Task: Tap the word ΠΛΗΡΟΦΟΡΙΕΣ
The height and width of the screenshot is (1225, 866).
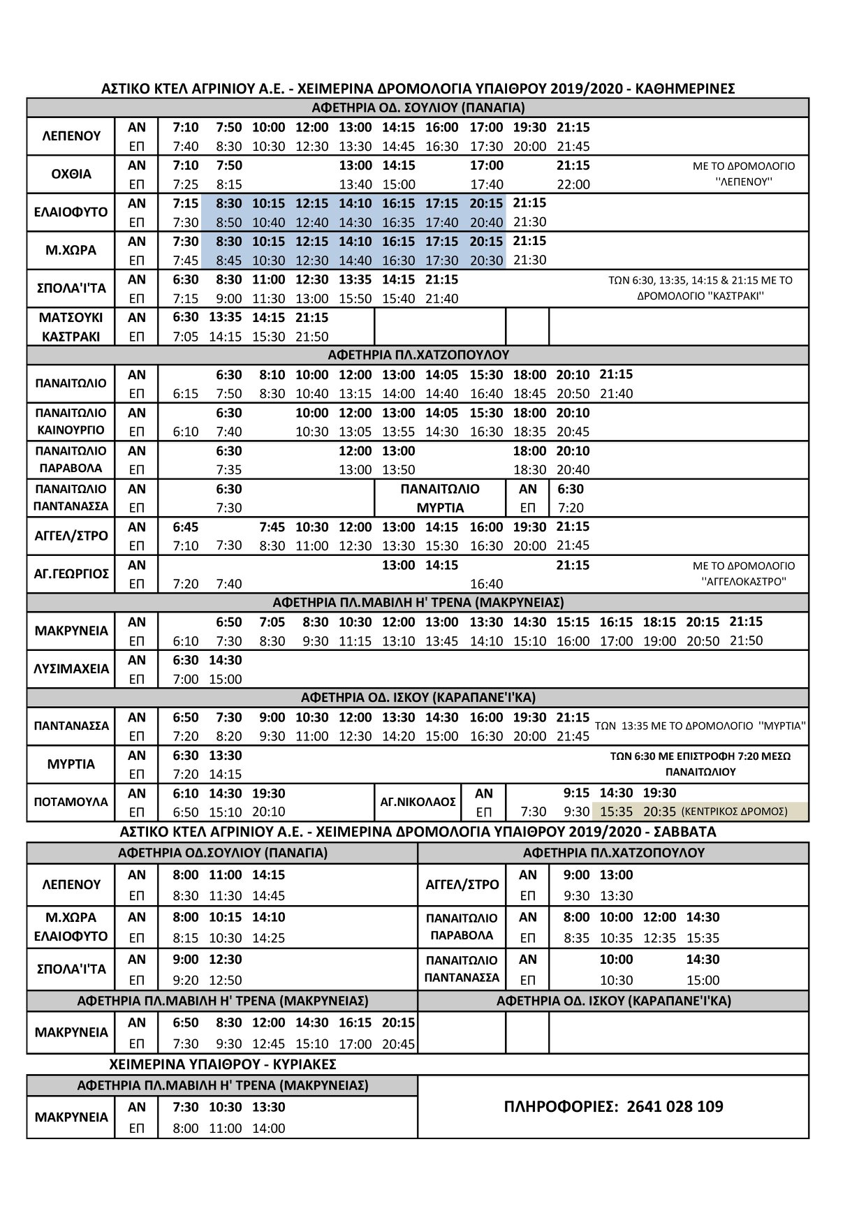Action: [560, 1106]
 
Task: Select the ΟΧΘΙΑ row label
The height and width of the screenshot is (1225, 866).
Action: [71, 174]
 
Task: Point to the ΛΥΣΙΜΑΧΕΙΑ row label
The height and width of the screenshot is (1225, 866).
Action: [71, 669]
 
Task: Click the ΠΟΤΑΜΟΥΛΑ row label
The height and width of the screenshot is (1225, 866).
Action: [71, 802]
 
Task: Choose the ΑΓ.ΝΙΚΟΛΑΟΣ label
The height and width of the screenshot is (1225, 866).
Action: [418, 802]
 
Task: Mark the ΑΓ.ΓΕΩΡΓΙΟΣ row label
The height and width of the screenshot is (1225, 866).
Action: [71, 574]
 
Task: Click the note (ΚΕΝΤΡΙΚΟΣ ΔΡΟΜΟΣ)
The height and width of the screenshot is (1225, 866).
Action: [734, 812]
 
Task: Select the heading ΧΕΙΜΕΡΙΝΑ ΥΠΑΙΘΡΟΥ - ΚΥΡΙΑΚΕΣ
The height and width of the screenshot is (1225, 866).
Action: [223, 1064]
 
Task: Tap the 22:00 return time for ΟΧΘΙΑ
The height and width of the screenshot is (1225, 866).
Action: [573, 184]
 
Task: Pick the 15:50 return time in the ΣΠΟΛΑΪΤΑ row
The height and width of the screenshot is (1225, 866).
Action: [355, 298]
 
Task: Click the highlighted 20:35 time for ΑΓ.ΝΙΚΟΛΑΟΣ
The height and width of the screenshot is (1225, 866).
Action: [659, 812]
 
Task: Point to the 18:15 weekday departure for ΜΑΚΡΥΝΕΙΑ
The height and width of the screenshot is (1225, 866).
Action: [659, 622]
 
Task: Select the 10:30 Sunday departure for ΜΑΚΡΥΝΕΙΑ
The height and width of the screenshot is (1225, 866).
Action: [226, 1106]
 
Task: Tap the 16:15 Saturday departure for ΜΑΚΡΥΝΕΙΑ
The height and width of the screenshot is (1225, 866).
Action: [355, 1022]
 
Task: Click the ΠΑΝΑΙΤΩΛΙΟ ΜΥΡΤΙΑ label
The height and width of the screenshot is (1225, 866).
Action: [440, 498]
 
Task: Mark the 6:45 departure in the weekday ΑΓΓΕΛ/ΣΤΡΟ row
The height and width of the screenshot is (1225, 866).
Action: [185, 527]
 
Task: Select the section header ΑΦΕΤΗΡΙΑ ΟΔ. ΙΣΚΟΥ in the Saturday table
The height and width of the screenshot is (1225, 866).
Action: [613, 1001]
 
